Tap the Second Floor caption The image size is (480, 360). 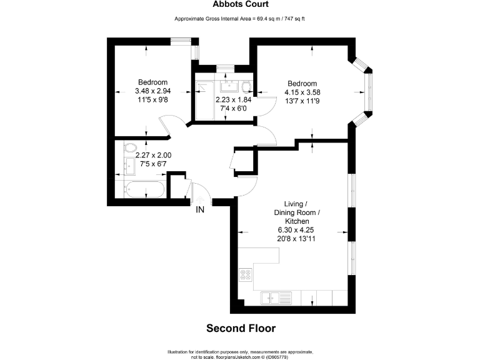[241, 327]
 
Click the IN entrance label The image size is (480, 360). [200, 210]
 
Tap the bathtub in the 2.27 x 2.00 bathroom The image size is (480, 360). [144, 189]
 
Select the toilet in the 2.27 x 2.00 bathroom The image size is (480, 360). [129, 147]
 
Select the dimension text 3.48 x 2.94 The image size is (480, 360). [153, 91]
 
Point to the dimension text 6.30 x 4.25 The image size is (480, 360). [302, 229]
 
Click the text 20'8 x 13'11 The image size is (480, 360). [302, 238]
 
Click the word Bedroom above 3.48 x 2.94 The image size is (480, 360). [152, 82]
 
